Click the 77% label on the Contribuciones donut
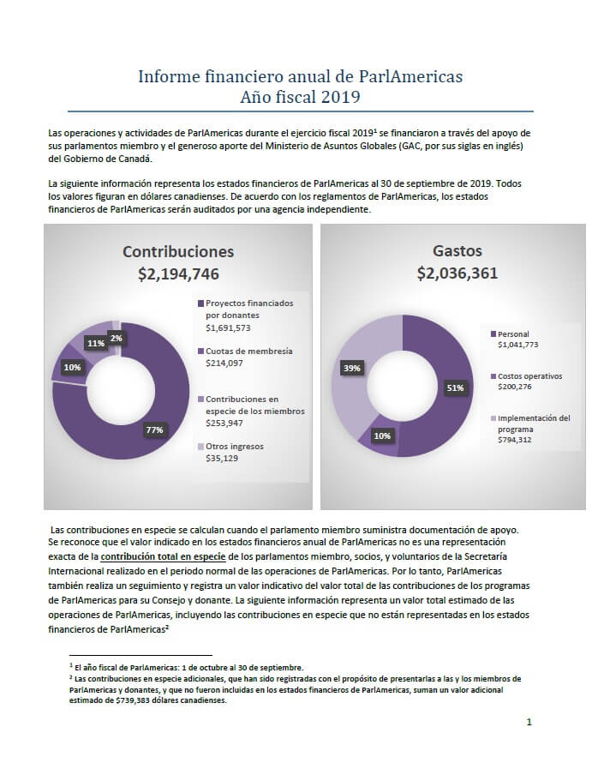(154, 430)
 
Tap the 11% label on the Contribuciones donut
(96, 343)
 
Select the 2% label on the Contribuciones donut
(116, 339)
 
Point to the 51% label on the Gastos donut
(455, 388)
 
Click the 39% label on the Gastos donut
(352, 368)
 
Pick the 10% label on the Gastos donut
(382, 436)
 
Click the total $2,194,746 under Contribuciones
(178, 273)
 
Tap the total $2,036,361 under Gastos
(457, 273)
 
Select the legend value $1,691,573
(228, 327)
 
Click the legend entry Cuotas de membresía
(249, 351)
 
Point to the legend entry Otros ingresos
(235, 447)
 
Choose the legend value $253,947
(224, 423)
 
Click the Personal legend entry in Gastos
(513, 334)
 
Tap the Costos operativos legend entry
(530, 376)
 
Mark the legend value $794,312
(515, 440)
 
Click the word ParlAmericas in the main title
(410, 76)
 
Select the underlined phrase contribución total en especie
(163, 556)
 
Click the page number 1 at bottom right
(529, 722)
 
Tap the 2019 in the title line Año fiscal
(340, 97)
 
